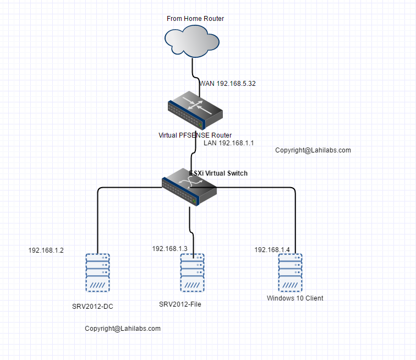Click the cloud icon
(191, 43)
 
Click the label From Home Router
(195, 19)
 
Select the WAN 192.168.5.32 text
(228, 84)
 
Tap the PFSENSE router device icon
(196, 111)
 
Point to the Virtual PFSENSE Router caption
(195, 135)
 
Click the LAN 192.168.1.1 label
(228, 143)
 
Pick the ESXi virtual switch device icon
(189, 187)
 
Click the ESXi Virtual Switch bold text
(219, 173)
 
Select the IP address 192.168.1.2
(46, 250)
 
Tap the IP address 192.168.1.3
(169, 249)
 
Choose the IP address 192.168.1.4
(272, 250)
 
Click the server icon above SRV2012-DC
(97, 272)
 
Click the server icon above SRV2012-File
(192, 272)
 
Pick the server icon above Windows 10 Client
(291, 272)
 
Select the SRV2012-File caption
(180, 304)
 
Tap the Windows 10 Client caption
(295, 298)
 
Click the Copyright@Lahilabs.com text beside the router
(313, 150)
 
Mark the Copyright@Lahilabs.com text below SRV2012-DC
(123, 329)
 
